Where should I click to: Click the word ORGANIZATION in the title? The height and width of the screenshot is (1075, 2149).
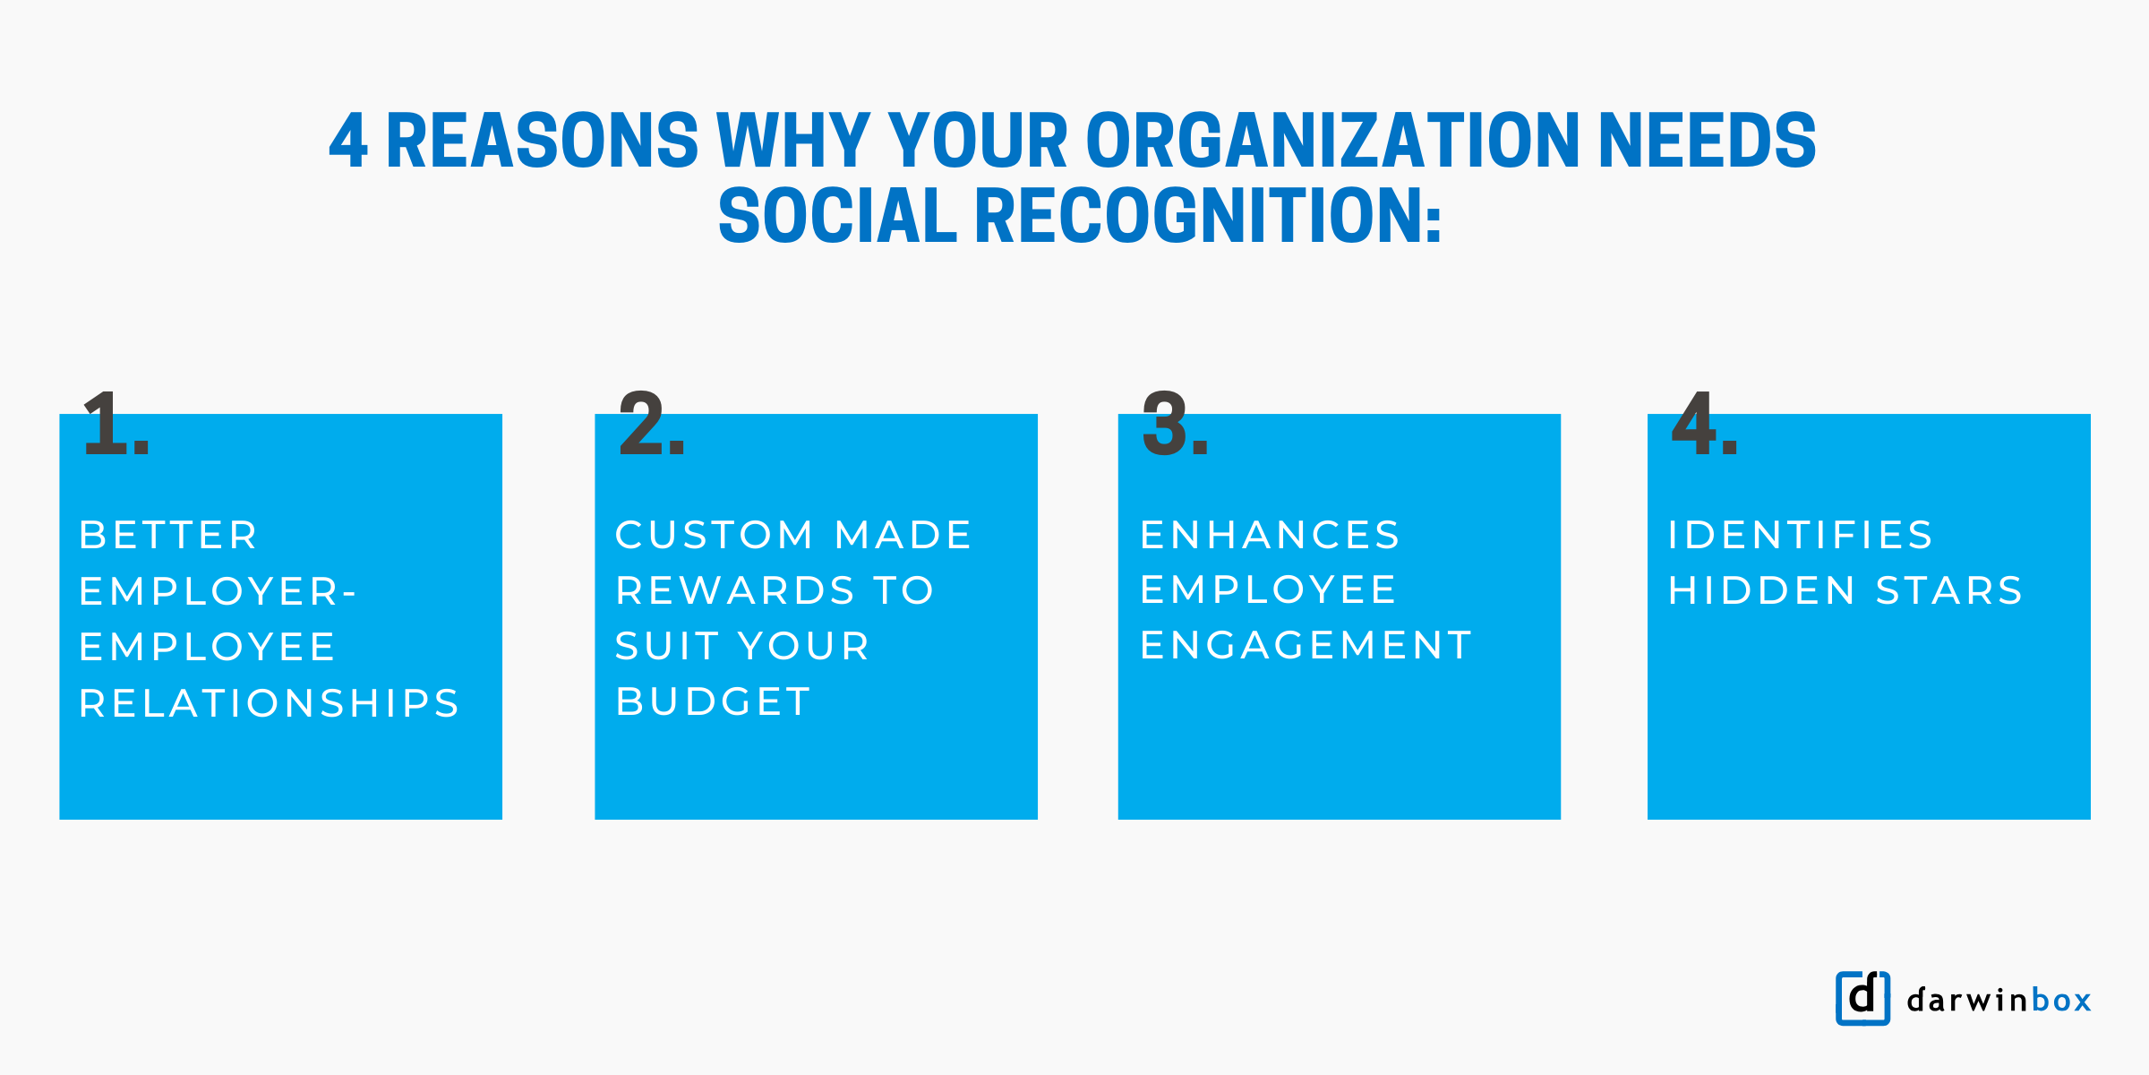pyautogui.click(x=1332, y=141)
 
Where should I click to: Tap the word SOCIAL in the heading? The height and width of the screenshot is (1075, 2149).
pyautogui.click(x=837, y=217)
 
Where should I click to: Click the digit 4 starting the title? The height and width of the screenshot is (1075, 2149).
pyautogui.click(x=348, y=141)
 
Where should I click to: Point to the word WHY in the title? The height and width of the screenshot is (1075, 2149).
pyautogui.click(x=793, y=141)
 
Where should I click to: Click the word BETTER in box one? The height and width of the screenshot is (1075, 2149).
pyautogui.click(x=169, y=536)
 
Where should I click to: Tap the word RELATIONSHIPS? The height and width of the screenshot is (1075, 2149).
pyautogui.click(x=270, y=703)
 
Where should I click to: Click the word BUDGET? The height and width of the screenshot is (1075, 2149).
pyautogui.click(x=714, y=701)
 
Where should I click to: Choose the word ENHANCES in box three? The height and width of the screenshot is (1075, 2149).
pyautogui.click(x=1270, y=536)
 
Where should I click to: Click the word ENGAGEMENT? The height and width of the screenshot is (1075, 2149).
pyautogui.click(x=1306, y=646)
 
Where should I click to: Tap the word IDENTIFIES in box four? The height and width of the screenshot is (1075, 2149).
pyautogui.click(x=1801, y=536)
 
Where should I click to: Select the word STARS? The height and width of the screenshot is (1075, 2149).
pyautogui.click(x=1949, y=591)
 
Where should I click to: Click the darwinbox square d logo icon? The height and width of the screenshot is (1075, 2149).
pyautogui.click(x=1862, y=998)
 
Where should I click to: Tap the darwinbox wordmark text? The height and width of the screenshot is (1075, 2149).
pyautogui.click(x=1999, y=1000)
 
